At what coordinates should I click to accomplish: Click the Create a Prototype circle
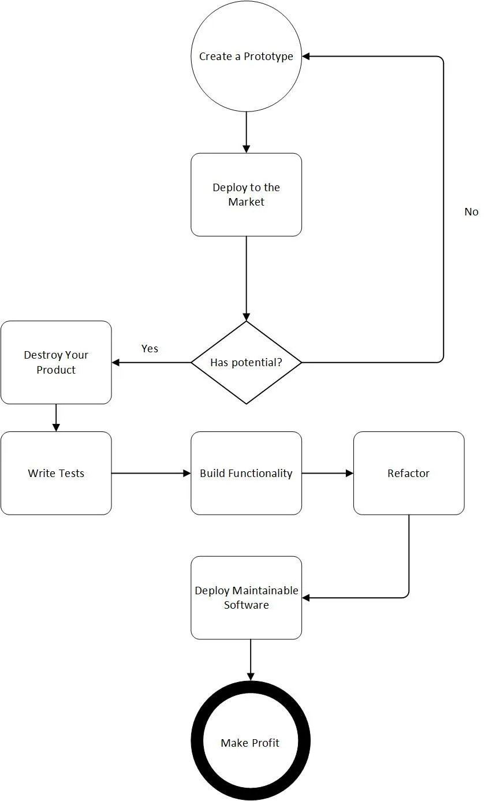click(x=246, y=56)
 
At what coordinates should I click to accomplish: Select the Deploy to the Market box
click(x=246, y=195)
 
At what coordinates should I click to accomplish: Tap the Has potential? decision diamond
click(x=246, y=362)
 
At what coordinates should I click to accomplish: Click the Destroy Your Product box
click(x=56, y=362)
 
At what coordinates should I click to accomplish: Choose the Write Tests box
click(x=56, y=473)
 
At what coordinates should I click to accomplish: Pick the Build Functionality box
click(x=246, y=473)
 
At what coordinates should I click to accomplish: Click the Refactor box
click(x=409, y=473)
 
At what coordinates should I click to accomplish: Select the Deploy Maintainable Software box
click(x=246, y=598)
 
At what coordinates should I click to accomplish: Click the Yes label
click(x=150, y=349)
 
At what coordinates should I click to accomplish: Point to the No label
click(x=471, y=212)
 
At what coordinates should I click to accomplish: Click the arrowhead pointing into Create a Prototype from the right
click(x=306, y=56)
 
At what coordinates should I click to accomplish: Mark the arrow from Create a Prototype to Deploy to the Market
click(x=246, y=132)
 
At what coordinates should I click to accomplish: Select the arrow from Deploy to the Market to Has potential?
click(x=246, y=278)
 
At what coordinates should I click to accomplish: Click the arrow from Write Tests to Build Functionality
click(x=151, y=473)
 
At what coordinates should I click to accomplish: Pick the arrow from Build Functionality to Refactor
click(x=328, y=473)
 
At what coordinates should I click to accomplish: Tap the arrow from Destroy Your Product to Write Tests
click(x=56, y=418)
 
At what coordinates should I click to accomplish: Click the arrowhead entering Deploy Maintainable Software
click(x=306, y=598)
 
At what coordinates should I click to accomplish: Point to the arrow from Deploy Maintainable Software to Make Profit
click(x=251, y=660)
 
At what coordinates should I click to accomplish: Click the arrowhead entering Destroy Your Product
click(x=116, y=362)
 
